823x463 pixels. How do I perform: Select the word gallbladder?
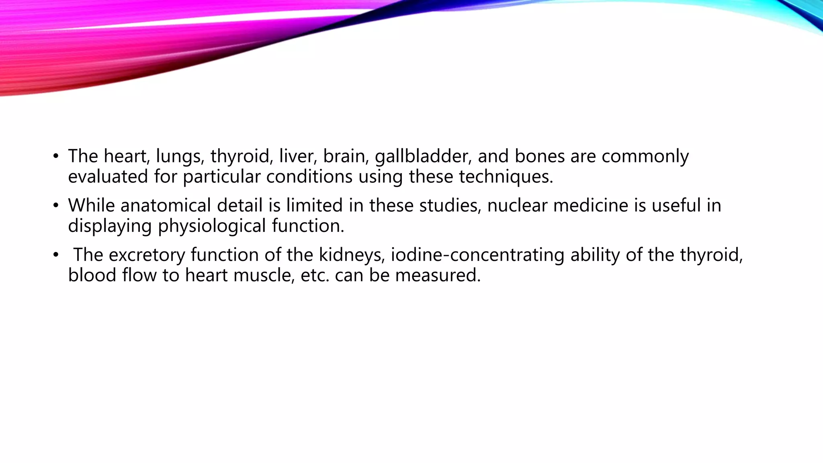pyautogui.click(x=423, y=156)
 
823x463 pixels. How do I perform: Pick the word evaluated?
pyautogui.click(x=108, y=177)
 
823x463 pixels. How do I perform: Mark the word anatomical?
pyautogui.click(x=165, y=206)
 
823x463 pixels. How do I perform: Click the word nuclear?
pyautogui.click(x=517, y=206)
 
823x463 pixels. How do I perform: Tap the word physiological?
pyautogui.click(x=211, y=226)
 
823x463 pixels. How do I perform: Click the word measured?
pyautogui.click(x=438, y=276)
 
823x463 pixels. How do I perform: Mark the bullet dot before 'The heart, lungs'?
pyautogui.click(x=56, y=157)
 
